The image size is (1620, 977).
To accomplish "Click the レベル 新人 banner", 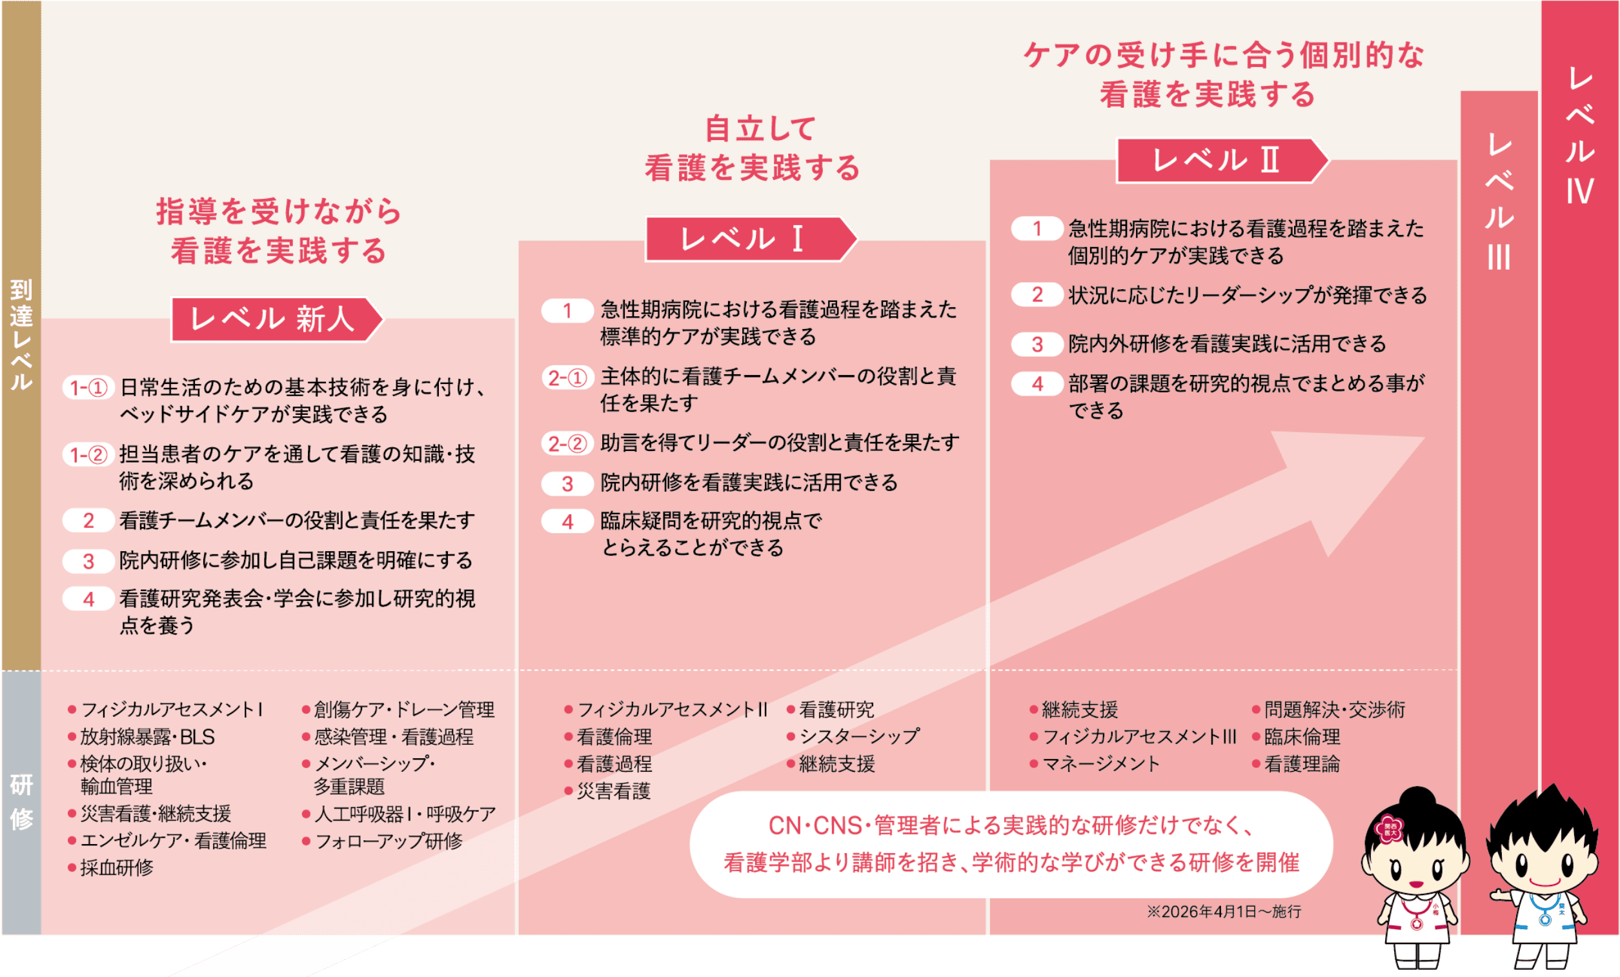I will (x=276, y=319).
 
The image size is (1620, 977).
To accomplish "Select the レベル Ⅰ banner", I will (x=750, y=239).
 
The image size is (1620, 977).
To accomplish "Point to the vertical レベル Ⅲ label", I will (x=1499, y=201).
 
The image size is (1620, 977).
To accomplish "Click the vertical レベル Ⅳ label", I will (x=1579, y=136).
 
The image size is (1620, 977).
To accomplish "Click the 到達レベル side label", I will (x=21, y=335).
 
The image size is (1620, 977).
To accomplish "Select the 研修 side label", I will (x=21, y=801).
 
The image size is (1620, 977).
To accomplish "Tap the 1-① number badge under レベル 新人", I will (x=89, y=388).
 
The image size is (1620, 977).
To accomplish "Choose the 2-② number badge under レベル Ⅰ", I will (x=567, y=444).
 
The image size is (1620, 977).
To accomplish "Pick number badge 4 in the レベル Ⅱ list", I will (x=1037, y=384).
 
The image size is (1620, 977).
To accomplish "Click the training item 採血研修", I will (x=116, y=868).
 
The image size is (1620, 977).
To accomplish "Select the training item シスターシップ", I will (x=858, y=736).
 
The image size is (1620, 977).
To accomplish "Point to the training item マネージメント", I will (x=1100, y=764).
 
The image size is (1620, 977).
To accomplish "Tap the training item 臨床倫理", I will (x=1302, y=736).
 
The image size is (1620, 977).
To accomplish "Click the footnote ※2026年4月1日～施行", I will (x=1224, y=912).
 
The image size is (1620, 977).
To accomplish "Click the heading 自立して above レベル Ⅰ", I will (x=760, y=128).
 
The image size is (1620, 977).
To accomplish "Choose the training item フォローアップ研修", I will (x=389, y=841).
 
